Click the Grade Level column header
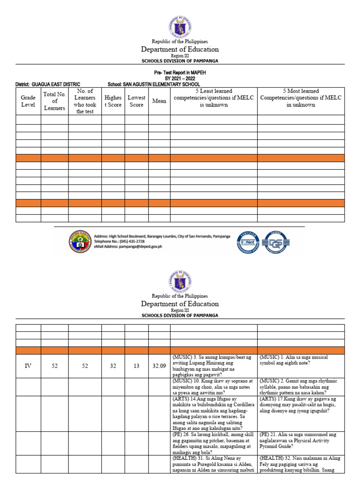coord(28,101)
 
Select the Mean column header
coord(159,101)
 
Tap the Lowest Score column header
coord(136,101)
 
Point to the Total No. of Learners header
coord(54,101)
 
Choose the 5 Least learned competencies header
coord(213,98)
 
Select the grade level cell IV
coord(28,366)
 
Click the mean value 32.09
coord(159,366)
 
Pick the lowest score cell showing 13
coord(136,366)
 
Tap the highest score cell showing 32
coord(113,366)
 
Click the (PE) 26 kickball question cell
coord(213,443)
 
